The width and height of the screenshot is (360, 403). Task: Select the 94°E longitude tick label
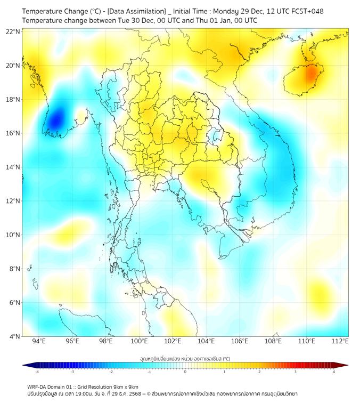39,341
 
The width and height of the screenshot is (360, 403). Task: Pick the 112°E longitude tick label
340,341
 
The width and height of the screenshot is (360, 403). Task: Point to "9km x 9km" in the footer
126,387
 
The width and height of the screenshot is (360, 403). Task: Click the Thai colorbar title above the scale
185,359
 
